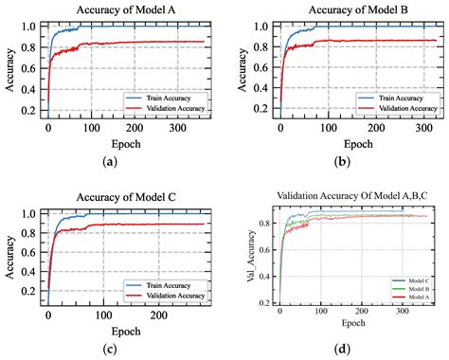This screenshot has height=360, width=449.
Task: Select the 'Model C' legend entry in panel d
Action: tap(414, 280)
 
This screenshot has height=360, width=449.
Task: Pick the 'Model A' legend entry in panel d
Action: tap(414, 298)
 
